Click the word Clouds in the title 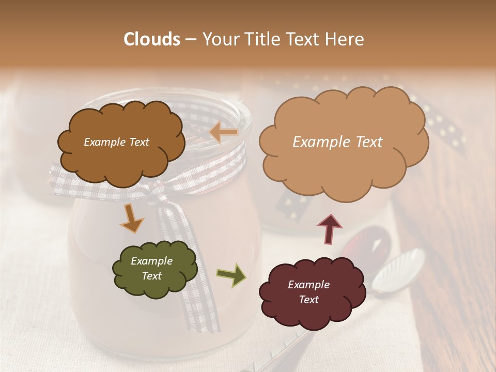[x=152, y=39]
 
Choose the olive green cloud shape [x=154, y=269]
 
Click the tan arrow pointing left [x=224, y=133]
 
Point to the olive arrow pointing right [x=231, y=274]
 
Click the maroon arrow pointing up [x=330, y=229]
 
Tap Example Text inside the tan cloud [x=337, y=142]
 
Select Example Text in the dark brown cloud [x=116, y=142]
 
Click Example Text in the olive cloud [x=151, y=269]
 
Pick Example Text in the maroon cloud [x=308, y=292]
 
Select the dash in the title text [x=191, y=39]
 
